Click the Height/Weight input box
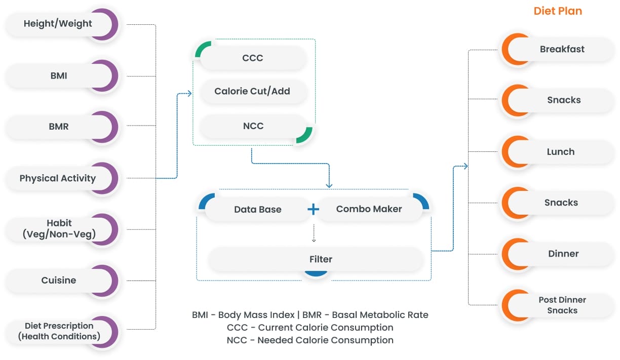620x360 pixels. (x=58, y=24)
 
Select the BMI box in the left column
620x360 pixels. (x=59, y=76)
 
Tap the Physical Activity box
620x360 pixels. (x=57, y=178)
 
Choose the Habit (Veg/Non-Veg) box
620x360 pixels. (x=59, y=228)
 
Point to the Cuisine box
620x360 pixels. (x=59, y=280)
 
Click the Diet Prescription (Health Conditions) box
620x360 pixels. (x=59, y=331)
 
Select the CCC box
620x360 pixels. (x=252, y=58)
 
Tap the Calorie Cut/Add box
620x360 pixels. (x=252, y=92)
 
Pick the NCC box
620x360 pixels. (x=252, y=126)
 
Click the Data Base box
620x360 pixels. (x=257, y=209)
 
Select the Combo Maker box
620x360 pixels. (x=369, y=209)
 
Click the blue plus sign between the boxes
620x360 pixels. (x=314, y=209)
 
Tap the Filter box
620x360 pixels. (x=320, y=259)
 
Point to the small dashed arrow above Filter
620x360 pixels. (x=314, y=234)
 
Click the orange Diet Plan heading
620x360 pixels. (x=558, y=11)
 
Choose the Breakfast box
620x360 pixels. (x=562, y=49)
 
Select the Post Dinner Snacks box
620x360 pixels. (x=562, y=305)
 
